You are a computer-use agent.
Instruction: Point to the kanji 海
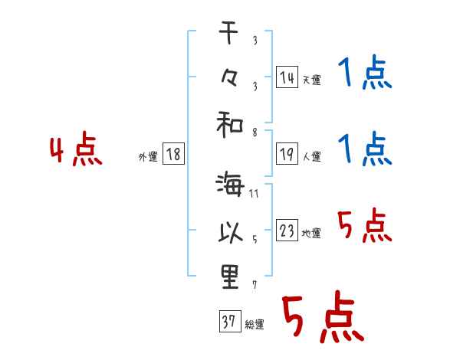tap(230, 185)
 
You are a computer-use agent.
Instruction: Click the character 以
tap(230, 231)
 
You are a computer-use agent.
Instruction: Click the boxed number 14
tap(287, 77)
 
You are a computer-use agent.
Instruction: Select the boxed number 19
tap(287, 154)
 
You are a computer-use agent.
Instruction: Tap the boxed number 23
tap(287, 231)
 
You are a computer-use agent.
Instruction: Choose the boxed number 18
tap(173, 154)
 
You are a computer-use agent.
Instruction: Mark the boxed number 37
tap(228, 322)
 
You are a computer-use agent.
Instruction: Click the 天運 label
tap(311, 80)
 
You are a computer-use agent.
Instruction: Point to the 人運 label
tap(311, 156)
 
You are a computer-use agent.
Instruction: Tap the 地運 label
tap(311, 233)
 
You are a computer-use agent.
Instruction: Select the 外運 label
tap(148, 156)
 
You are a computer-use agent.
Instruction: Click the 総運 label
tap(254, 325)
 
